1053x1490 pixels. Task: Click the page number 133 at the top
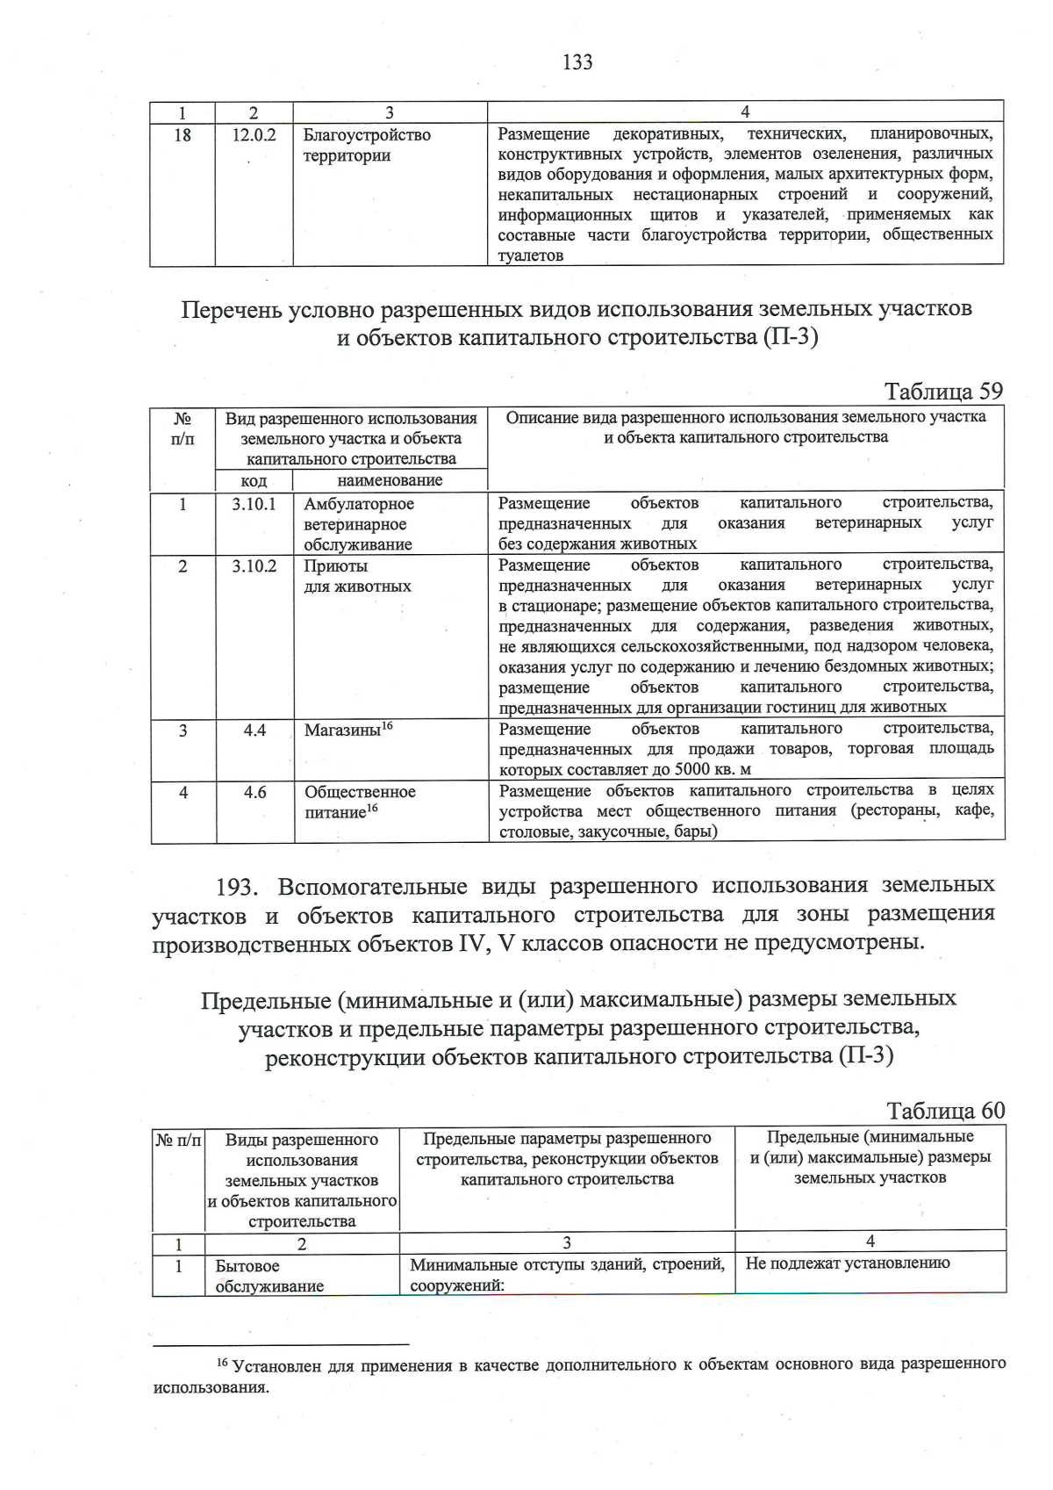coord(577,62)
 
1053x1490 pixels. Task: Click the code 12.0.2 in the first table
coord(254,135)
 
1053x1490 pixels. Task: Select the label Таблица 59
coord(942,391)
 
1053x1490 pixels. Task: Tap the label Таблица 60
coord(945,1110)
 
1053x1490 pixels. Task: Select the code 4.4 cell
coord(254,730)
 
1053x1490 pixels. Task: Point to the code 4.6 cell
coord(254,792)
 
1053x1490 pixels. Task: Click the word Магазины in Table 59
coord(341,730)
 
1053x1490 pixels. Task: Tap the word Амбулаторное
coord(359,504)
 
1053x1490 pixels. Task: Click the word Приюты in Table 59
coord(335,566)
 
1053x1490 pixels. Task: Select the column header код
coord(254,481)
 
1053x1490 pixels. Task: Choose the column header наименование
coord(390,480)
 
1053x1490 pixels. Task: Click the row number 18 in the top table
coord(182,135)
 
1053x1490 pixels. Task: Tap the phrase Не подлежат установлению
coord(847,1263)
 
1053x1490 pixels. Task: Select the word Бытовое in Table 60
coord(247,1266)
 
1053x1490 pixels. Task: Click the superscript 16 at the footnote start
coord(222,1362)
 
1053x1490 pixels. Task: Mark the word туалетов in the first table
coord(530,256)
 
